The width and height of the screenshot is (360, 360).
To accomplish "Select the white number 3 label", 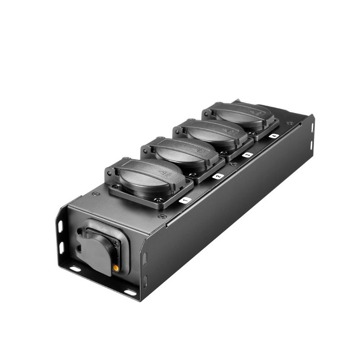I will click(247, 155).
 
